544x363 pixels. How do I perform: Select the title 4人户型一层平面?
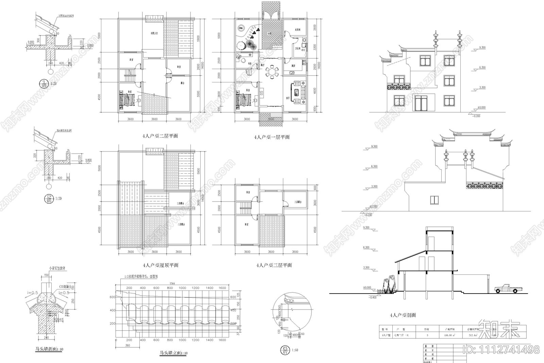(x=272, y=137)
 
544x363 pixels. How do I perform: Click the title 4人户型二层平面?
(x=160, y=136)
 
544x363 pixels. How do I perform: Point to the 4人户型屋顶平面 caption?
(x=160, y=265)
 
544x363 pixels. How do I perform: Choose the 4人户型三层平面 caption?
(x=274, y=265)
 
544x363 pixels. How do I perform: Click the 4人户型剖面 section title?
(x=403, y=315)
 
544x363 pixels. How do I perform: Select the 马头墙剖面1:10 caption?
(x=49, y=349)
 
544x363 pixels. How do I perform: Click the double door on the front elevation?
(x=421, y=103)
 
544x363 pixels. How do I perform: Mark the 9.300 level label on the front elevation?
(x=482, y=48)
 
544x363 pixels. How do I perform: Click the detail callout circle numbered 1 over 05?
(x=44, y=83)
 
